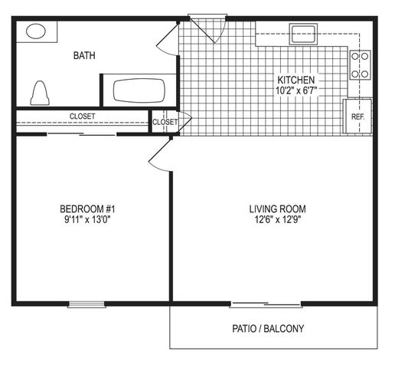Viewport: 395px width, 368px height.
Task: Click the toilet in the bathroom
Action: pyautogui.click(x=40, y=94)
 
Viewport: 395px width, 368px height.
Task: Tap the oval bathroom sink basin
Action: pyautogui.click(x=36, y=31)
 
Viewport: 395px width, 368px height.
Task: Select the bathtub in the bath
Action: pyautogui.click(x=139, y=90)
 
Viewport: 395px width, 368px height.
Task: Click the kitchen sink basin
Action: pyautogui.click(x=303, y=34)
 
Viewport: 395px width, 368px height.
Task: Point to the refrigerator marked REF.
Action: pyautogui.click(x=357, y=117)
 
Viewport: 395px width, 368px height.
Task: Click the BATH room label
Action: pyautogui.click(x=84, y=55)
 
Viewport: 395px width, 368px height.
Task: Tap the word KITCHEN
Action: pyautogui.click(x=296, y=80)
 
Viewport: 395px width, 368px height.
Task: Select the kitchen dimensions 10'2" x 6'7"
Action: pyautogui.click(x=296, y=90)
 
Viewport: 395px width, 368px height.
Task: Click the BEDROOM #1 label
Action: pyautogui.click(x=87, y=209)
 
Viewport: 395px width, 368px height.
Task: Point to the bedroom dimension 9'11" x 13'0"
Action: pyautogui.click(x=87, y=219)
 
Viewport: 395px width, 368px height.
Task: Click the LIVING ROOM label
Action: pyautogui.click(x=277, y=209)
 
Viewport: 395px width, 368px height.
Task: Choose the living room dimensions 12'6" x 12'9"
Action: pyautogui.click(x=278, y=219)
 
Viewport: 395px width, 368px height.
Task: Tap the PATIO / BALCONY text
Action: pyautogui.click(x=268, y=328)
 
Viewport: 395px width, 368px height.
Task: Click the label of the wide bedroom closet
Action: pyautogui.click(x=82, y=117)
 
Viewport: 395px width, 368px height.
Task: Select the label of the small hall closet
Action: pyautogui.click(x=165, y=122)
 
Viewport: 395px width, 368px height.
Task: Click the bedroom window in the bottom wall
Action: pyautogui.click(x=87, y=304)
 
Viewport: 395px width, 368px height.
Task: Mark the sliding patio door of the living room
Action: pyautogui.click(x=266, y=304)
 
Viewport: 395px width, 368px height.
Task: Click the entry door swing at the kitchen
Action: pyautogui.click(x=207, y=28)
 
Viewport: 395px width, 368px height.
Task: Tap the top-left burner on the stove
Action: pyautogui.click(x=355, y=56)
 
